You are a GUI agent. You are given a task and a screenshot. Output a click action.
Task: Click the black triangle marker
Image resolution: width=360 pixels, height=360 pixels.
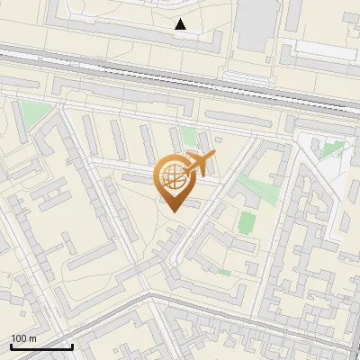coord(181,24)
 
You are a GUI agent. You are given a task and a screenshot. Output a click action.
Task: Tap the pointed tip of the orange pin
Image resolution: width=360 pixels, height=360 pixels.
coord(174,212)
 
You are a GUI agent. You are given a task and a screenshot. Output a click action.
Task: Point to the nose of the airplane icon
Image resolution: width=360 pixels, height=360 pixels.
coord(213,157)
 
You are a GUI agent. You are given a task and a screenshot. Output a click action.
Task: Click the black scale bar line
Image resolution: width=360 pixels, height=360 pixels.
coord(41,346)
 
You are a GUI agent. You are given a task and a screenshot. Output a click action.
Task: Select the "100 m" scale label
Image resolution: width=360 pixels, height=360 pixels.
coord(23,338)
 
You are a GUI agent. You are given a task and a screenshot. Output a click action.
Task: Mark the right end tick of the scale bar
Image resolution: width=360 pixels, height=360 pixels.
coord(72,345)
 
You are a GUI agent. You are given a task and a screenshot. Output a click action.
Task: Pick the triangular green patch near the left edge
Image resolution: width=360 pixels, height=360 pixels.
coord(35,114)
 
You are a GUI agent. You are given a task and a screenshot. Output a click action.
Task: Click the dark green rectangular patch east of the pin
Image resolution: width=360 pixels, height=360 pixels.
coord(247,221)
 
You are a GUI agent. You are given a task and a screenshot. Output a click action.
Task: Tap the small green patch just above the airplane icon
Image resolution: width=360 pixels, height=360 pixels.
coord(189,138)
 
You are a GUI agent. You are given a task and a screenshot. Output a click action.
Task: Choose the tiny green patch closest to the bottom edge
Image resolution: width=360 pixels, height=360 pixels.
coord(224,272)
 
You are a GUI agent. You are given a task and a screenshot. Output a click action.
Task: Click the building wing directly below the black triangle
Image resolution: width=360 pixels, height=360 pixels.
coord(181,44)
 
